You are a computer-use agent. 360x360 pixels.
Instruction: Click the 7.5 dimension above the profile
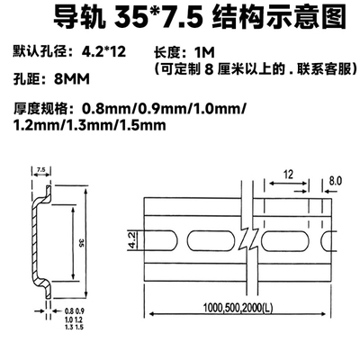(41, 168)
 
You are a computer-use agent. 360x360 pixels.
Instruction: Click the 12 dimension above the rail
(286, 173)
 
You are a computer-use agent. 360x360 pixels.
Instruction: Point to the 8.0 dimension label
(336, 180)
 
